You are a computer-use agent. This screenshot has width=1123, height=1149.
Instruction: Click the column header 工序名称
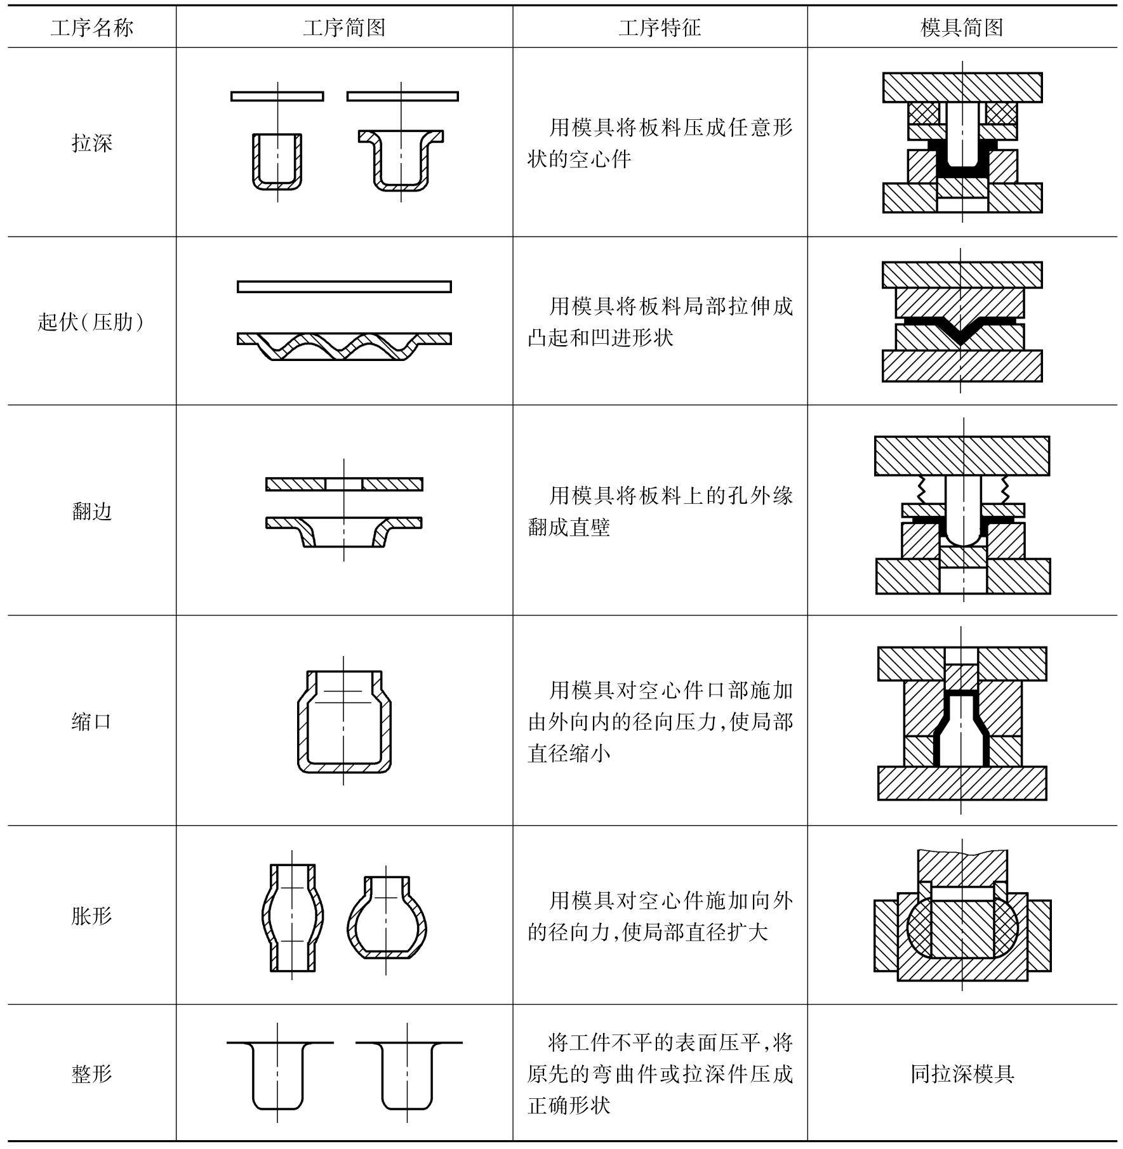(92, 28)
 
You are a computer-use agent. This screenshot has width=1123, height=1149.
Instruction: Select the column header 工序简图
(344, 28)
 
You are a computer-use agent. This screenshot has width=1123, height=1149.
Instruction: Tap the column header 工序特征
(660, 28)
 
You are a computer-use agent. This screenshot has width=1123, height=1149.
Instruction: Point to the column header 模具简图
(962, 28)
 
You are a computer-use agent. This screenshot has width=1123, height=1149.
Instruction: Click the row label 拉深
(92, 143)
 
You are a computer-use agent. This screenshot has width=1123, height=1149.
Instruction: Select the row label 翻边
(92, 511)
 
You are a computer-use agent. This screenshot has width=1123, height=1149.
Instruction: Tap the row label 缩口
(92, 721)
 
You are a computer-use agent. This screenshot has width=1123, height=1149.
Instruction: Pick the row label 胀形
(92, 916)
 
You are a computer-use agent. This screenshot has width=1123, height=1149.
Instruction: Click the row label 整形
(92, 1074)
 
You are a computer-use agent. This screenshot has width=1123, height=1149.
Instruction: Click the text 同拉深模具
(962, 1074)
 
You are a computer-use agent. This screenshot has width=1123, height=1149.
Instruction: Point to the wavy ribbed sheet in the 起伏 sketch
(344, 346)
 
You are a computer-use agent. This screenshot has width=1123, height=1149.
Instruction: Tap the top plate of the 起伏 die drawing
(962, 275)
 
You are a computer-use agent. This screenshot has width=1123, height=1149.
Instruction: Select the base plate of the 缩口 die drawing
(962, 783)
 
